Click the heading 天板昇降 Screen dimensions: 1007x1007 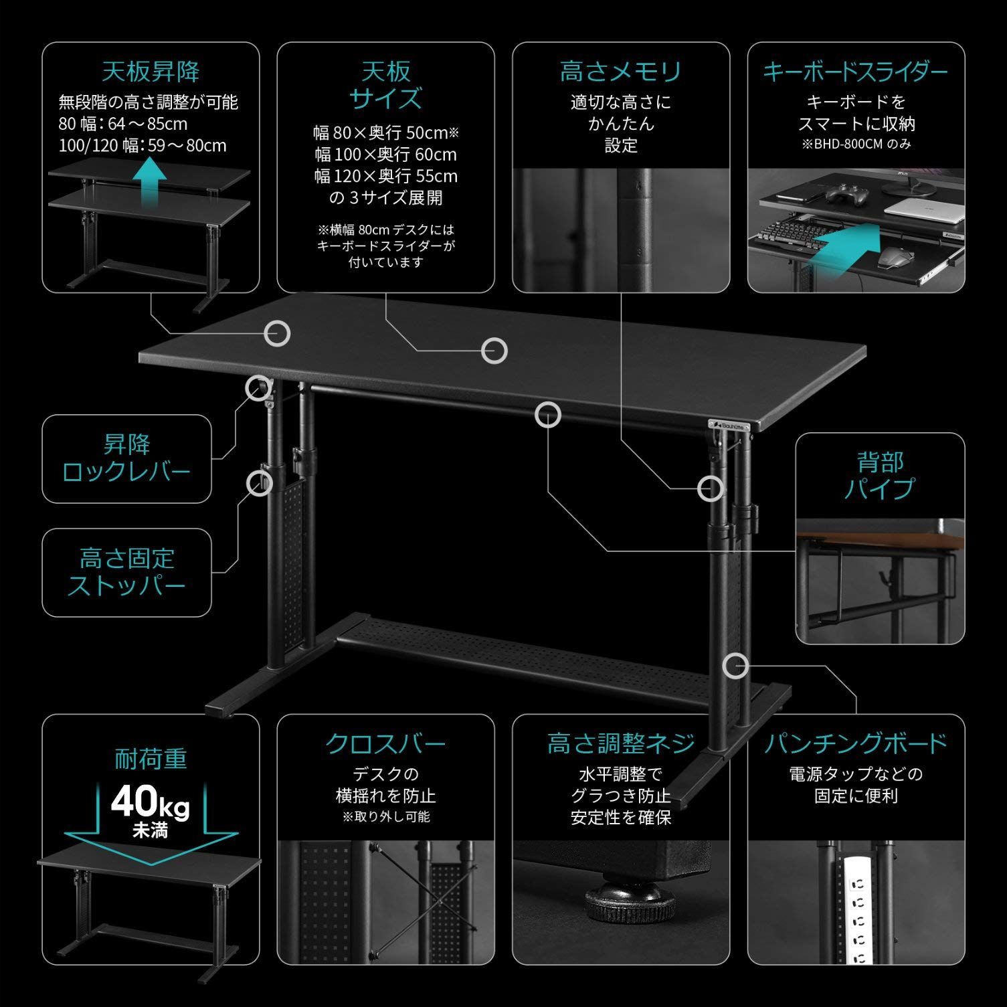coord(151,71)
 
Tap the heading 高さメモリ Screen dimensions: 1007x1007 coord(620,71)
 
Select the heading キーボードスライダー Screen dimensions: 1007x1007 coord(855,71)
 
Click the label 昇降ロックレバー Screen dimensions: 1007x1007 coord(126,458)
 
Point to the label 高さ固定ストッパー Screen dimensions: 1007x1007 coord(126,572)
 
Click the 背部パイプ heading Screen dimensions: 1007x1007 coord(879,476)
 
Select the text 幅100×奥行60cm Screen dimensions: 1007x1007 coord(386,155)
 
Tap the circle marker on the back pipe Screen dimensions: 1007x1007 coord(547,414)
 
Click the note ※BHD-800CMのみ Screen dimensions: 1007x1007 coord(856,144)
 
